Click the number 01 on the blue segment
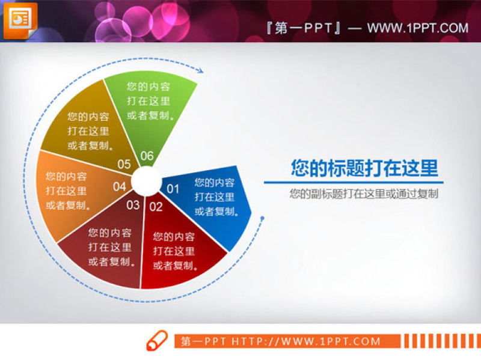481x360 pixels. [173, 189]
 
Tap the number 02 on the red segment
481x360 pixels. [156, 207]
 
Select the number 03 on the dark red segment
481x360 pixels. [133, 205]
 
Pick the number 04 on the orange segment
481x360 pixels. [120, 186]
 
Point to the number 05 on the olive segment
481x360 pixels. [124, 163]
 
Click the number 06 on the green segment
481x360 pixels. [147, 156]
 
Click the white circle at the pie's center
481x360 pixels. [145, 178]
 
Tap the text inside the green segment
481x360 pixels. [149, 100]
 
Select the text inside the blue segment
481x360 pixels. [215, 197]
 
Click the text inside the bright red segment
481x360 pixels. [174, 251]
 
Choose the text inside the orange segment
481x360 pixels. [66, 191]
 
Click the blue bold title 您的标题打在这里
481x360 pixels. [364, 168]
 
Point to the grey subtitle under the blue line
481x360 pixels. [363, 194]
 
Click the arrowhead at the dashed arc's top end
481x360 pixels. [201, 72]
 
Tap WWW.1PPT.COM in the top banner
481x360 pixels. [417, 28]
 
